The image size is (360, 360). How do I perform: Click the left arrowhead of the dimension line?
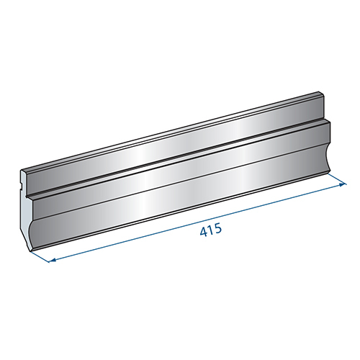[x=50, y=260]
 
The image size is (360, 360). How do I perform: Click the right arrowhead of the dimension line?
[x=342, y=185]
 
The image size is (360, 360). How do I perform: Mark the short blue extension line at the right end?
[x=338, y=179]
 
